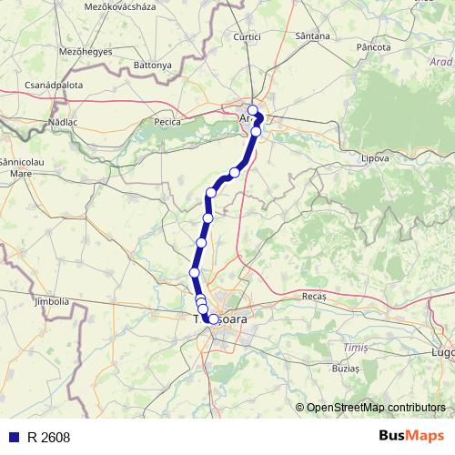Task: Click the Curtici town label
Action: (247, 36)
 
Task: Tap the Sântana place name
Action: (313, 36)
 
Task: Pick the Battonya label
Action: (152, 66)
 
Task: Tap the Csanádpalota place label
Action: (54, 86)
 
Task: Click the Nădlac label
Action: (65, 120)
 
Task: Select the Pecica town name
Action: (168, 121)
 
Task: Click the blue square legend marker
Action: (14, 438)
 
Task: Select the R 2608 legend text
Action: (48, 438)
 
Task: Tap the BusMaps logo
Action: (412, 437)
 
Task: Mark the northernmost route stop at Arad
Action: (252, 111)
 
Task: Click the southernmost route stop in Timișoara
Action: (214, 319)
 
